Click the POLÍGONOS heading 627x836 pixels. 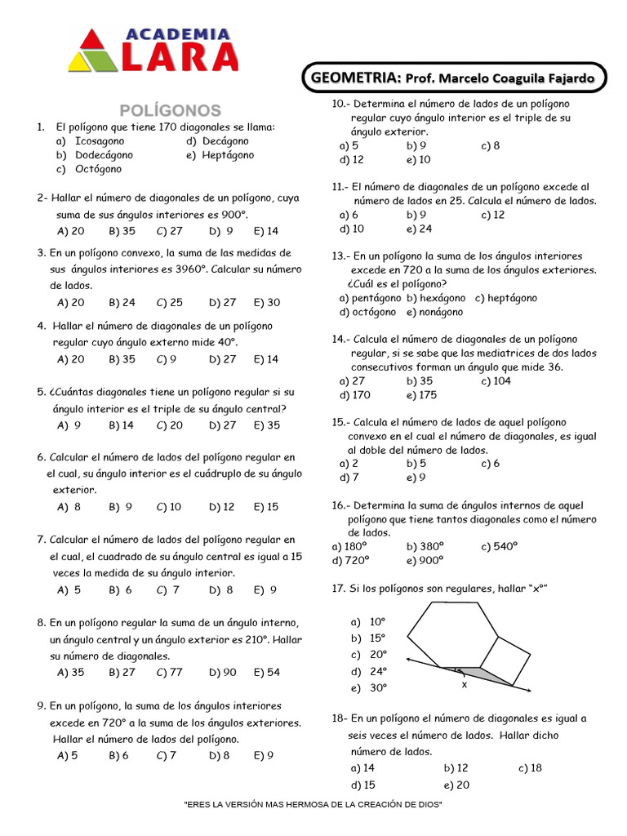(170, 109)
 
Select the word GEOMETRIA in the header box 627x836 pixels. (354, 78)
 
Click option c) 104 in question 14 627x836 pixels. (496, 380)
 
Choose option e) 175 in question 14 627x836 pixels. (421, 395)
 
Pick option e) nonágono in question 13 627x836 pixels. (434, 312)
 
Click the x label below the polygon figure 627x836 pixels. (464, 685)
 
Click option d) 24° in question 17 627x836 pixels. (368, 671)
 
